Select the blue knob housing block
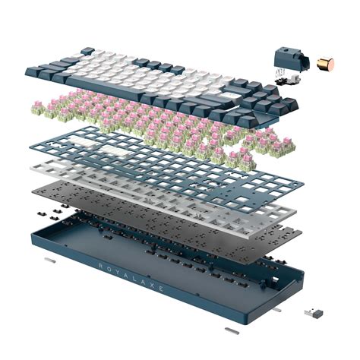pos(291,59)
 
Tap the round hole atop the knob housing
pos(286,52)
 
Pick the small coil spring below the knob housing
pos(279,73)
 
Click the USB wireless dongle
pos(314,313)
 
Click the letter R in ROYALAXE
pos(100,266)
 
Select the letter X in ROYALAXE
pos(151,283)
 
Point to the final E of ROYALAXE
pos(160,288)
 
